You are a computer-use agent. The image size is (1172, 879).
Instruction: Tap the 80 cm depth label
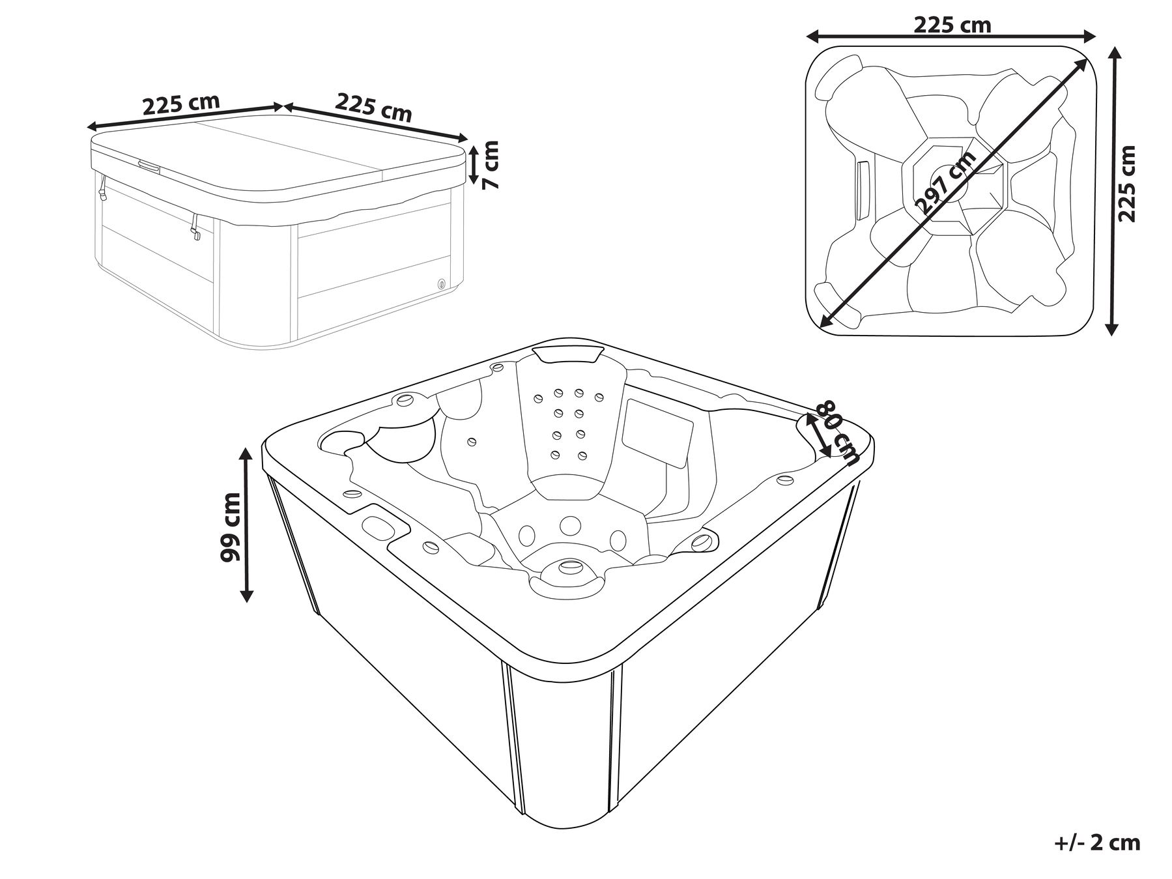click(839, 431)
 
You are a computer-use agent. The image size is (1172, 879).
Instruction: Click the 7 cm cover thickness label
click(493, 165)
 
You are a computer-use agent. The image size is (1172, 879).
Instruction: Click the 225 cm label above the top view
click(952, 25)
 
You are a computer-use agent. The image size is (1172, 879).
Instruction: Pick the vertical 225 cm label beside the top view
click(1126, 184)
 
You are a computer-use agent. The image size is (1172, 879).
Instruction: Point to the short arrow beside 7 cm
click(474, 166)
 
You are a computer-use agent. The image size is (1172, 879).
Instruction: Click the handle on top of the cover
click(148, 165)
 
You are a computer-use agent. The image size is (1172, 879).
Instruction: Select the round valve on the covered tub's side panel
click(442, 283)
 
